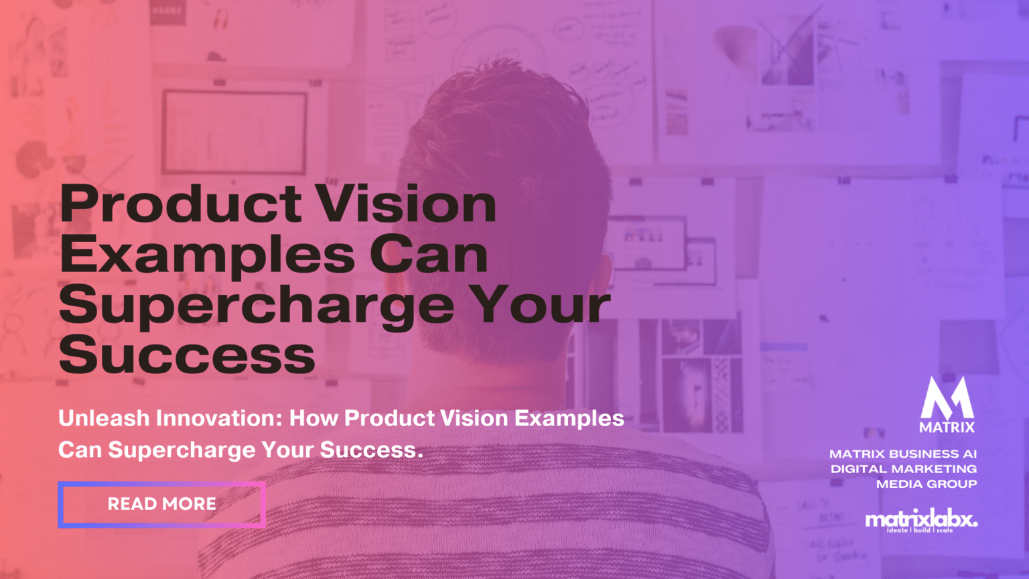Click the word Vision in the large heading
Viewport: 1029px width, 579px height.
pos(406,204)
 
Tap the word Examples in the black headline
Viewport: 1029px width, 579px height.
pos(207,256)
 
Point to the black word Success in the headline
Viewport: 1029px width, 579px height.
pos(187,355)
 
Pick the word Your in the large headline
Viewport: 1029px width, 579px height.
pos(543,305)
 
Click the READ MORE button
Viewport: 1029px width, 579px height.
pos(161,504)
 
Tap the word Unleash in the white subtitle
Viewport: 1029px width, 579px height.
pos(104,418)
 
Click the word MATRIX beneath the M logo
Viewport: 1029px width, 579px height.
pos(947,427)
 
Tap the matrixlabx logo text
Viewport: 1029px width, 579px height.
pos(920,519)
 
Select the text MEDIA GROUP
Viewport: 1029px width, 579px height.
pos(927,484)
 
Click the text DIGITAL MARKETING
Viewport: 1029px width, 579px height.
pos(904,469)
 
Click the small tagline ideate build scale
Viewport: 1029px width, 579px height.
pos(919,530)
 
